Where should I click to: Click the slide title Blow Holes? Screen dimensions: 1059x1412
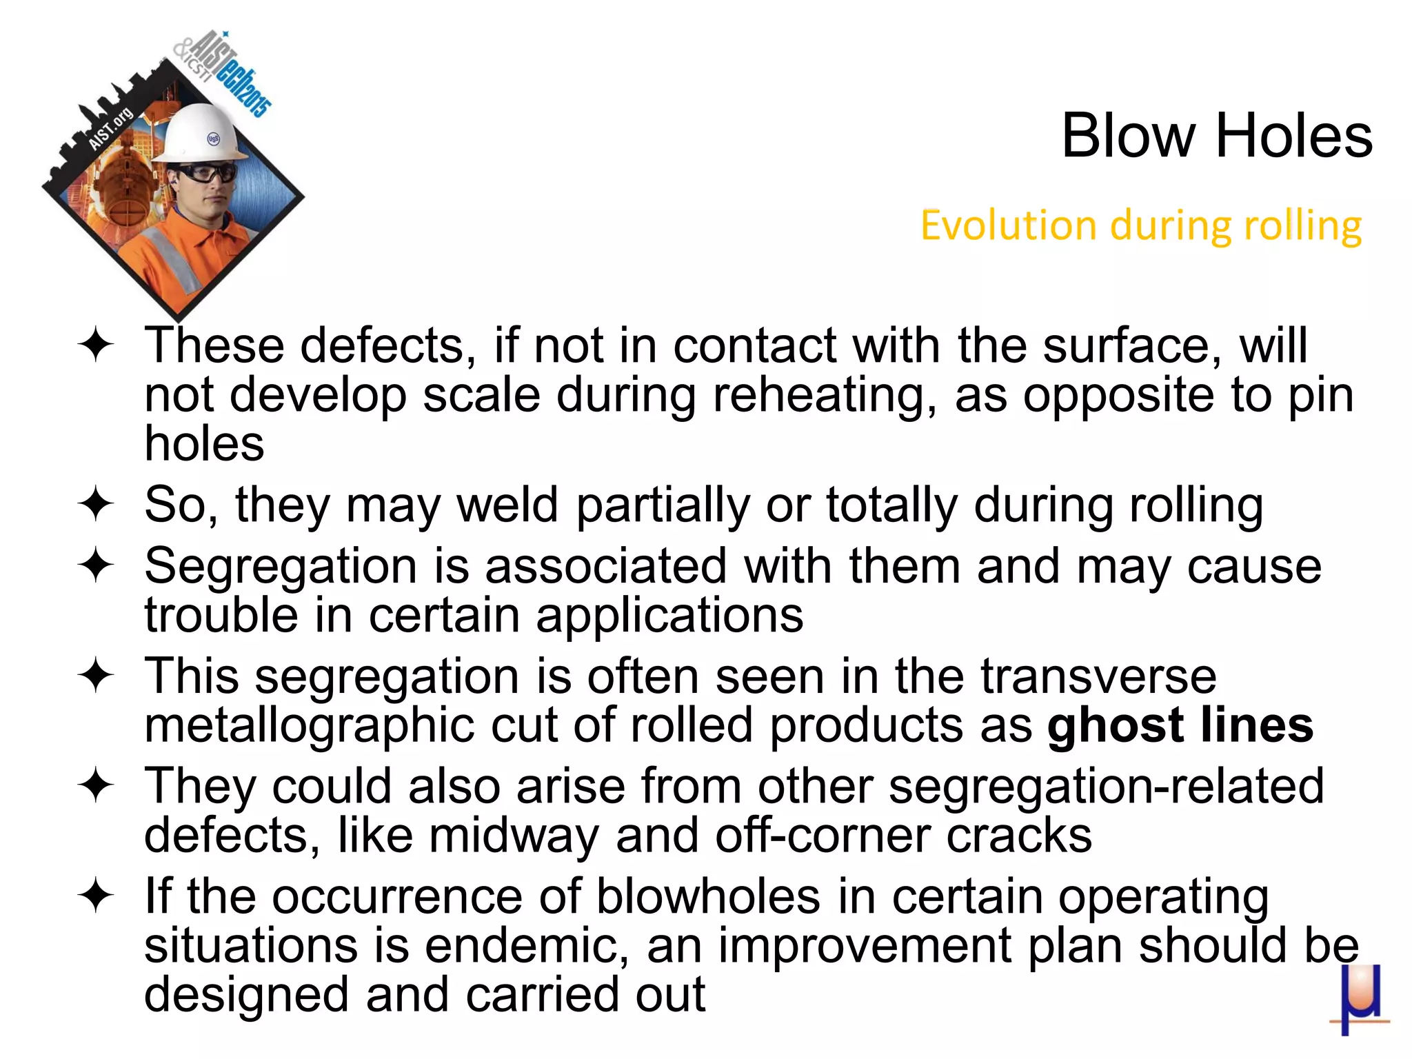point(1216,136)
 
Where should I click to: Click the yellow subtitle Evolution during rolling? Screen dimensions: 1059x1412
point(1141,225)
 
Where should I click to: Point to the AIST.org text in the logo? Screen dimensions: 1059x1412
point(110,129)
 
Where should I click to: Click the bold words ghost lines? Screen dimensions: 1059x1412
point(1180,725)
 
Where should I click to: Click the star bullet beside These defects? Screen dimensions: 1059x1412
point(95,345)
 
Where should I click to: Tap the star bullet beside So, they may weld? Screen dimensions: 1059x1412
point(95,505)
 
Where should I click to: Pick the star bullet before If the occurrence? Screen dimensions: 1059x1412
point(95,896)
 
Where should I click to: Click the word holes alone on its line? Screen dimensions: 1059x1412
point(204,443)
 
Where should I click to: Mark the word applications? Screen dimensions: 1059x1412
point(669,615)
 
